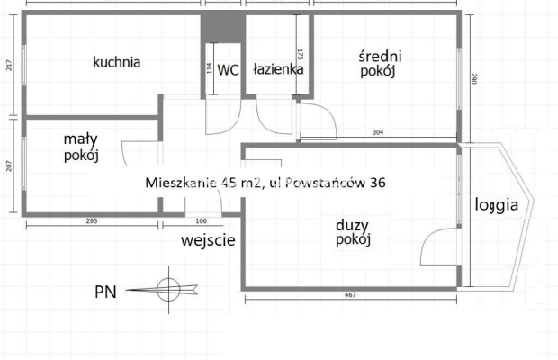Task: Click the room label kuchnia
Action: click(117, 63)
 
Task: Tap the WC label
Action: click(229, 69)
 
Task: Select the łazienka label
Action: click(278, 68)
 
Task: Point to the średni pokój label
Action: click(378, 64)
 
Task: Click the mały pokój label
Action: click(81, 147)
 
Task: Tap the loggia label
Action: click(497, 204)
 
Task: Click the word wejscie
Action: click(208, 240)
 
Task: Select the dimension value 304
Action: click(378, 133)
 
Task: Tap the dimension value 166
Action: click(200, 220)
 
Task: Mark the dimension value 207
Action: click(8, 166)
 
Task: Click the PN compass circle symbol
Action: click(168, 290)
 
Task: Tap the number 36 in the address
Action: click(377, 183)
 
